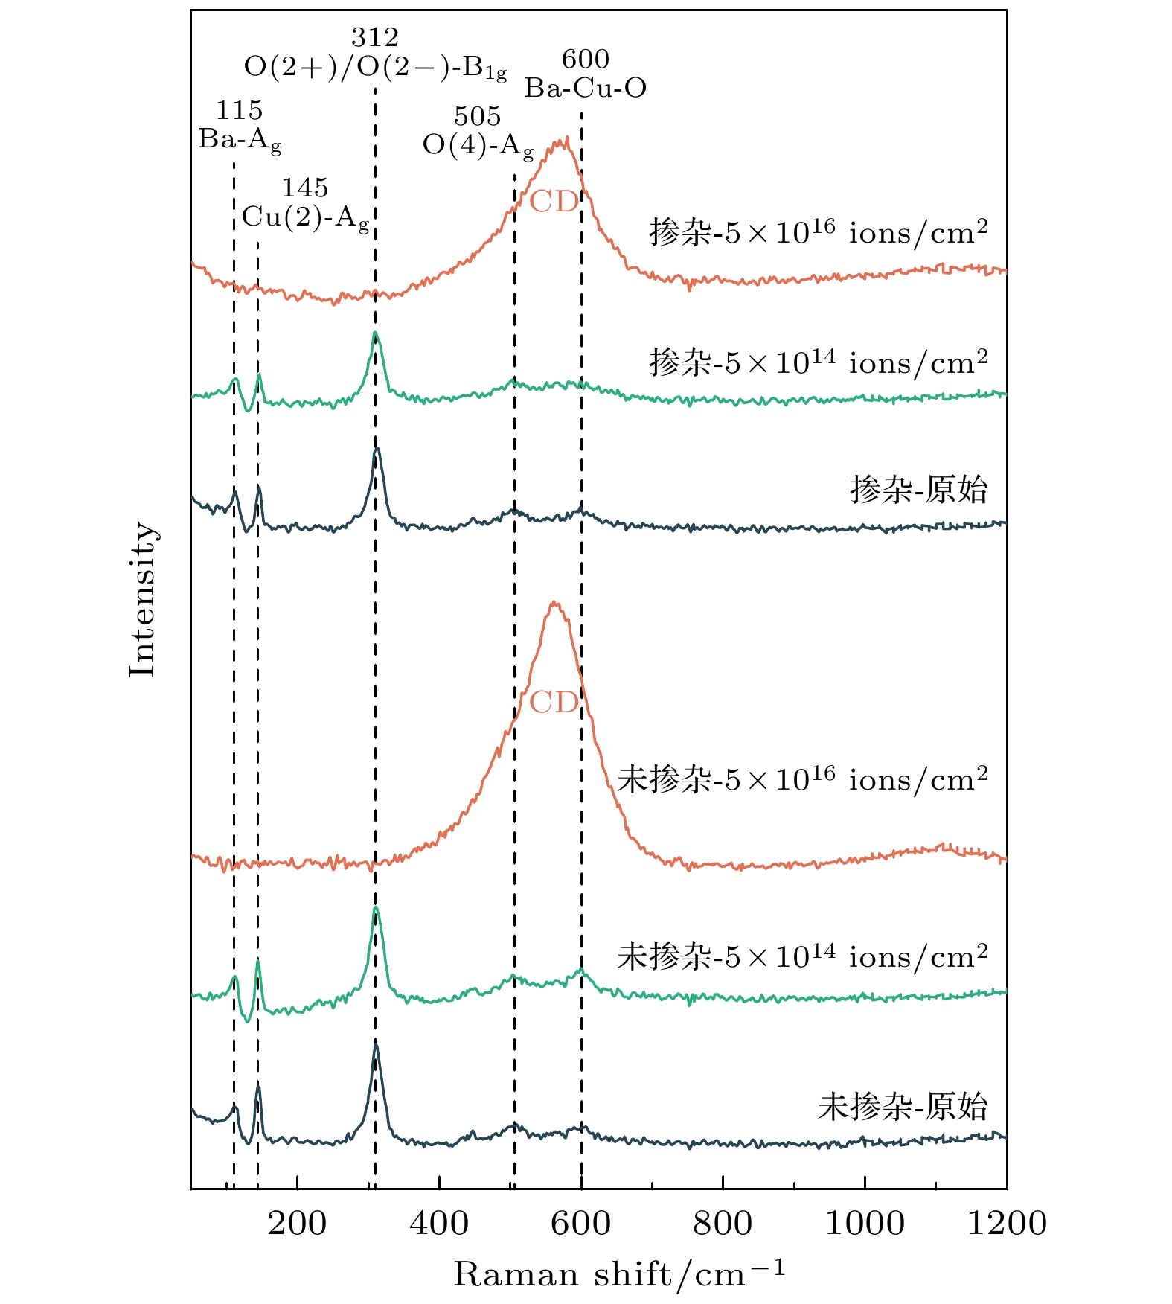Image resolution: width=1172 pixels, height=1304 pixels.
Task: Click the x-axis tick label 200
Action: (x=297, y=1224)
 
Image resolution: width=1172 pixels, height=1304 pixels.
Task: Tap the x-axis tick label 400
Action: (x=439, y=1224)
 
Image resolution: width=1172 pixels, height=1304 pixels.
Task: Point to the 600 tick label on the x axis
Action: (x=581, y=1224)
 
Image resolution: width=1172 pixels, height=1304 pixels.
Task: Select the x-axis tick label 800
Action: (x=723, y=1224)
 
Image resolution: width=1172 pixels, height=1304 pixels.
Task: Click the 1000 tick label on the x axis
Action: (x=865, y=1224)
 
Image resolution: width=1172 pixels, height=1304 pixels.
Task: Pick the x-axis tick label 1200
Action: (x=1007, y=1224)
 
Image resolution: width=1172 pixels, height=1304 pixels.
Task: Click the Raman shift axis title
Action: (x=619, y=1274)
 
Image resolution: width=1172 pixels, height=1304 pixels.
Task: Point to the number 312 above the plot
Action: (x=375, y=37)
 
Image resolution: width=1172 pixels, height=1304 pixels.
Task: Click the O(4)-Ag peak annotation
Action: (x=478, y=146)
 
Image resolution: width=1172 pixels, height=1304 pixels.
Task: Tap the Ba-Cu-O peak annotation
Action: (x=586, y=89)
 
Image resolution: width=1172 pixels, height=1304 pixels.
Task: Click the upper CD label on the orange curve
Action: (x=554, y=202)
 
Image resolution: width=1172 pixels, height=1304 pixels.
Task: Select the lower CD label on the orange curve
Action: (x=554, y=703)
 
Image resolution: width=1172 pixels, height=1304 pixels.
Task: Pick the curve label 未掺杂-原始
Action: (x=903, y=1108)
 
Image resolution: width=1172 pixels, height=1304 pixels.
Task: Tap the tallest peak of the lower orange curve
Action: (x=554, y=602)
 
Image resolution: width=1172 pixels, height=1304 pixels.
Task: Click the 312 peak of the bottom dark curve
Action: (x=376, y=1045)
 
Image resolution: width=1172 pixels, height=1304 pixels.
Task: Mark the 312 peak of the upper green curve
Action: (x=376, y=333)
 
